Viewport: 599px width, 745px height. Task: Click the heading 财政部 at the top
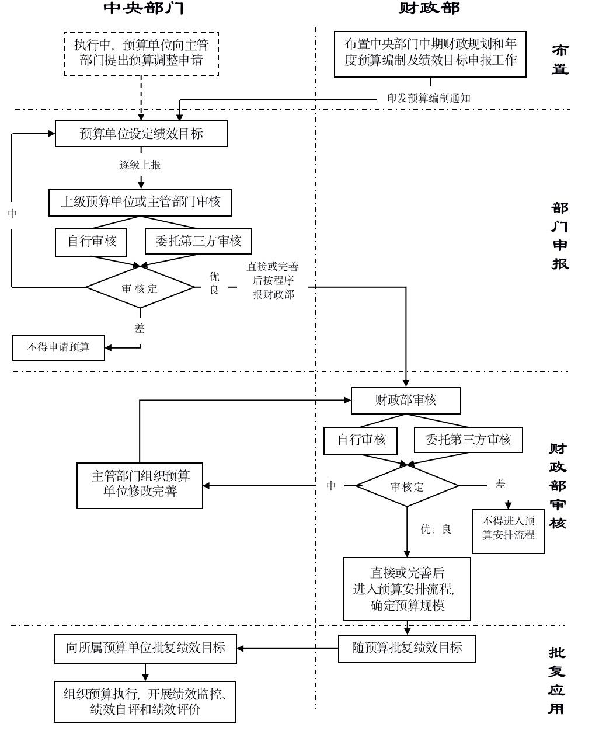tap(430, 8)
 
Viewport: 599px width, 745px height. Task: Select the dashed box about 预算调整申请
tap(141, 53)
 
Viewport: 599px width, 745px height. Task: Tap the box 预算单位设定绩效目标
tap(141, 134)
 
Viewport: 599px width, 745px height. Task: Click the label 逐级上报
tap(140, 165)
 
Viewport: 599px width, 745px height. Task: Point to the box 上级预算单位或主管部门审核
tap(140, 202)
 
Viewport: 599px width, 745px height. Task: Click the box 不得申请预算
tap(59, 347)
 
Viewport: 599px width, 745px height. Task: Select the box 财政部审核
tap(406, 401)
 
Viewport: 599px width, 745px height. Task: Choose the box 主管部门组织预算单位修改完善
tap(140, 485)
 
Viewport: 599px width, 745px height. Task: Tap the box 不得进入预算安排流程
tap(508, 528)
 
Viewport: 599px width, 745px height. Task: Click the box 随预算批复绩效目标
tap(406, 647)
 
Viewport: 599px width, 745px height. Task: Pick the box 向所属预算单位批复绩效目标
tap(145, 648)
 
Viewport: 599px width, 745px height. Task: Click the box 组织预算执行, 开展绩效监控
tap(145, 701)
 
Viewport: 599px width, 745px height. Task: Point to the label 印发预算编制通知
tap(429, 98)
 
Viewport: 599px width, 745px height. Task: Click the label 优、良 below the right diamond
tap(436, 530)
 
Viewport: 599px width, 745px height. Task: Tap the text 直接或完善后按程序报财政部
tap(273, 280)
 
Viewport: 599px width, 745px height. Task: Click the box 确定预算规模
tap(407, 589)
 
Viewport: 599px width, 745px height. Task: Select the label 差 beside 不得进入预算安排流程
tap(500, 483)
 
